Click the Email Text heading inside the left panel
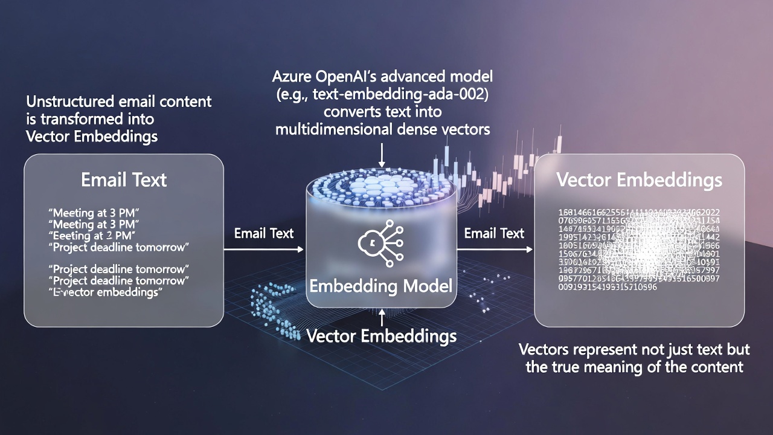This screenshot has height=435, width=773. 124,179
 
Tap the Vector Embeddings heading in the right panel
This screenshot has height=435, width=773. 639,179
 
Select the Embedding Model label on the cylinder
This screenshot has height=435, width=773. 380,285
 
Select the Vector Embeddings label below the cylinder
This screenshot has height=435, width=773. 382,336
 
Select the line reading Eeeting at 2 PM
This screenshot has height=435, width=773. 91,235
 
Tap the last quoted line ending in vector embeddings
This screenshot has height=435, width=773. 106,292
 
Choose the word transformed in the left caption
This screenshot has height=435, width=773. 85,118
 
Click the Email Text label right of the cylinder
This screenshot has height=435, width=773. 494,233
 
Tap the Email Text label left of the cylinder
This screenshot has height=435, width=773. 264,233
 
